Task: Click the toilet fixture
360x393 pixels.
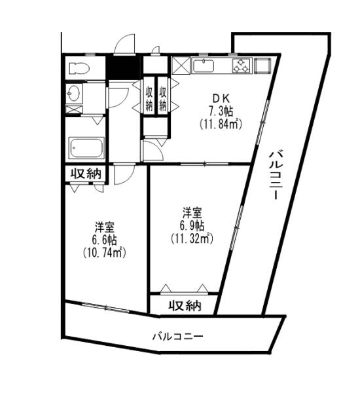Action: pos(79,68)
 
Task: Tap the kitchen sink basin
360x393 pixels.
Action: pos(204,66)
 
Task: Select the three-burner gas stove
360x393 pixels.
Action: pos(242,65)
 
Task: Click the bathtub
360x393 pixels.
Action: pos(86,148)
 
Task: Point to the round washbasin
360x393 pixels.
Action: pos(74,93)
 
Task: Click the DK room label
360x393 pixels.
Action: pos(221,98)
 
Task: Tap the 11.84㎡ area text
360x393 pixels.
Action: pos(221,124)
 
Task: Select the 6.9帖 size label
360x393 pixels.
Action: pos(192,226)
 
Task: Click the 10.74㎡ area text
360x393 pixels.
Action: pos(104,252)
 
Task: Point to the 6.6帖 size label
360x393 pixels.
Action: pos(104,240)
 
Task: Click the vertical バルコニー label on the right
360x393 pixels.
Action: pos(277,175)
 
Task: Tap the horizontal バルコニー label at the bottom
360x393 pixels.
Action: pos(178,337)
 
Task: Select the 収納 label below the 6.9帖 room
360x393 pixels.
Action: pos(185,305)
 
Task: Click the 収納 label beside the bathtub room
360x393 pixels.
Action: pos(86,174)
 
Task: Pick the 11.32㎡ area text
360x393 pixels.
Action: pos(192,238)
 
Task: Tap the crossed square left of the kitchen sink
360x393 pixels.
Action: pos(181,65)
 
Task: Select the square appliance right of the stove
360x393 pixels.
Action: pos(262,65)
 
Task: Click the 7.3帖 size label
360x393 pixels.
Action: pos(221,111)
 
